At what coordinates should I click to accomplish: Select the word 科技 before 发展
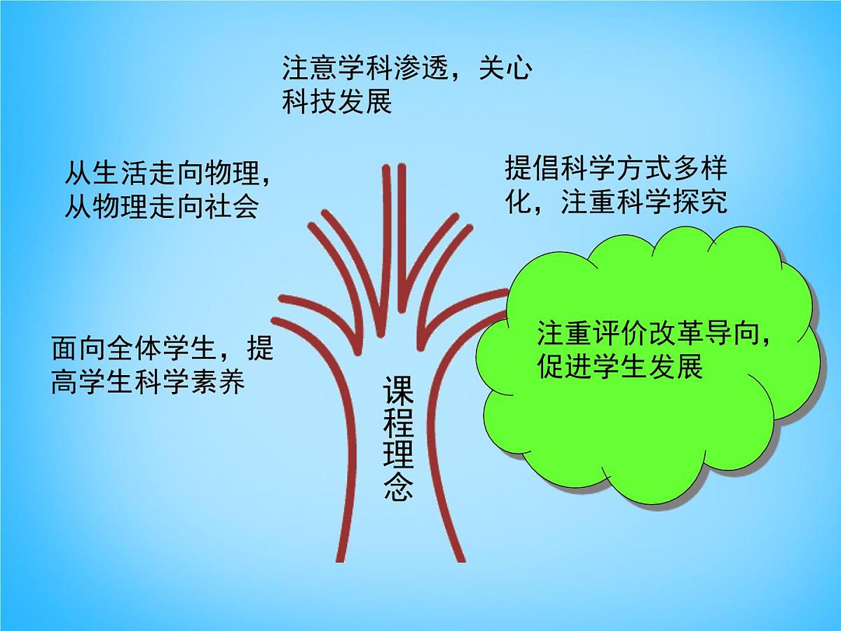pos(309,102)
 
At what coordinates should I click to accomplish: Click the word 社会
pos(231,207)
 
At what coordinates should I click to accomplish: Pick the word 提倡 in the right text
pos(532,169)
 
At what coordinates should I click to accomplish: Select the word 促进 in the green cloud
pos(565,367)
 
